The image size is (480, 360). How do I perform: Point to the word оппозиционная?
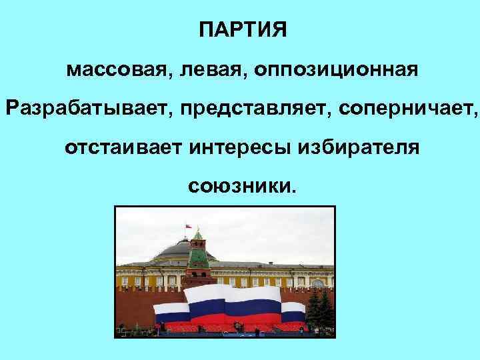coord(337,69)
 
